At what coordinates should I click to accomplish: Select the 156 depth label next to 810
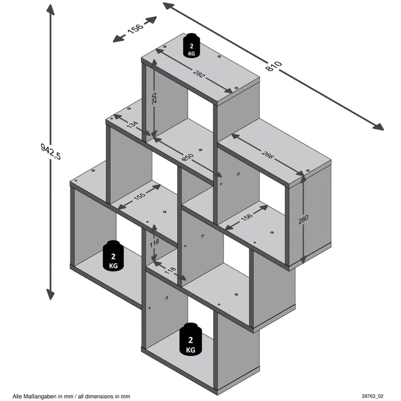coord(135,30)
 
